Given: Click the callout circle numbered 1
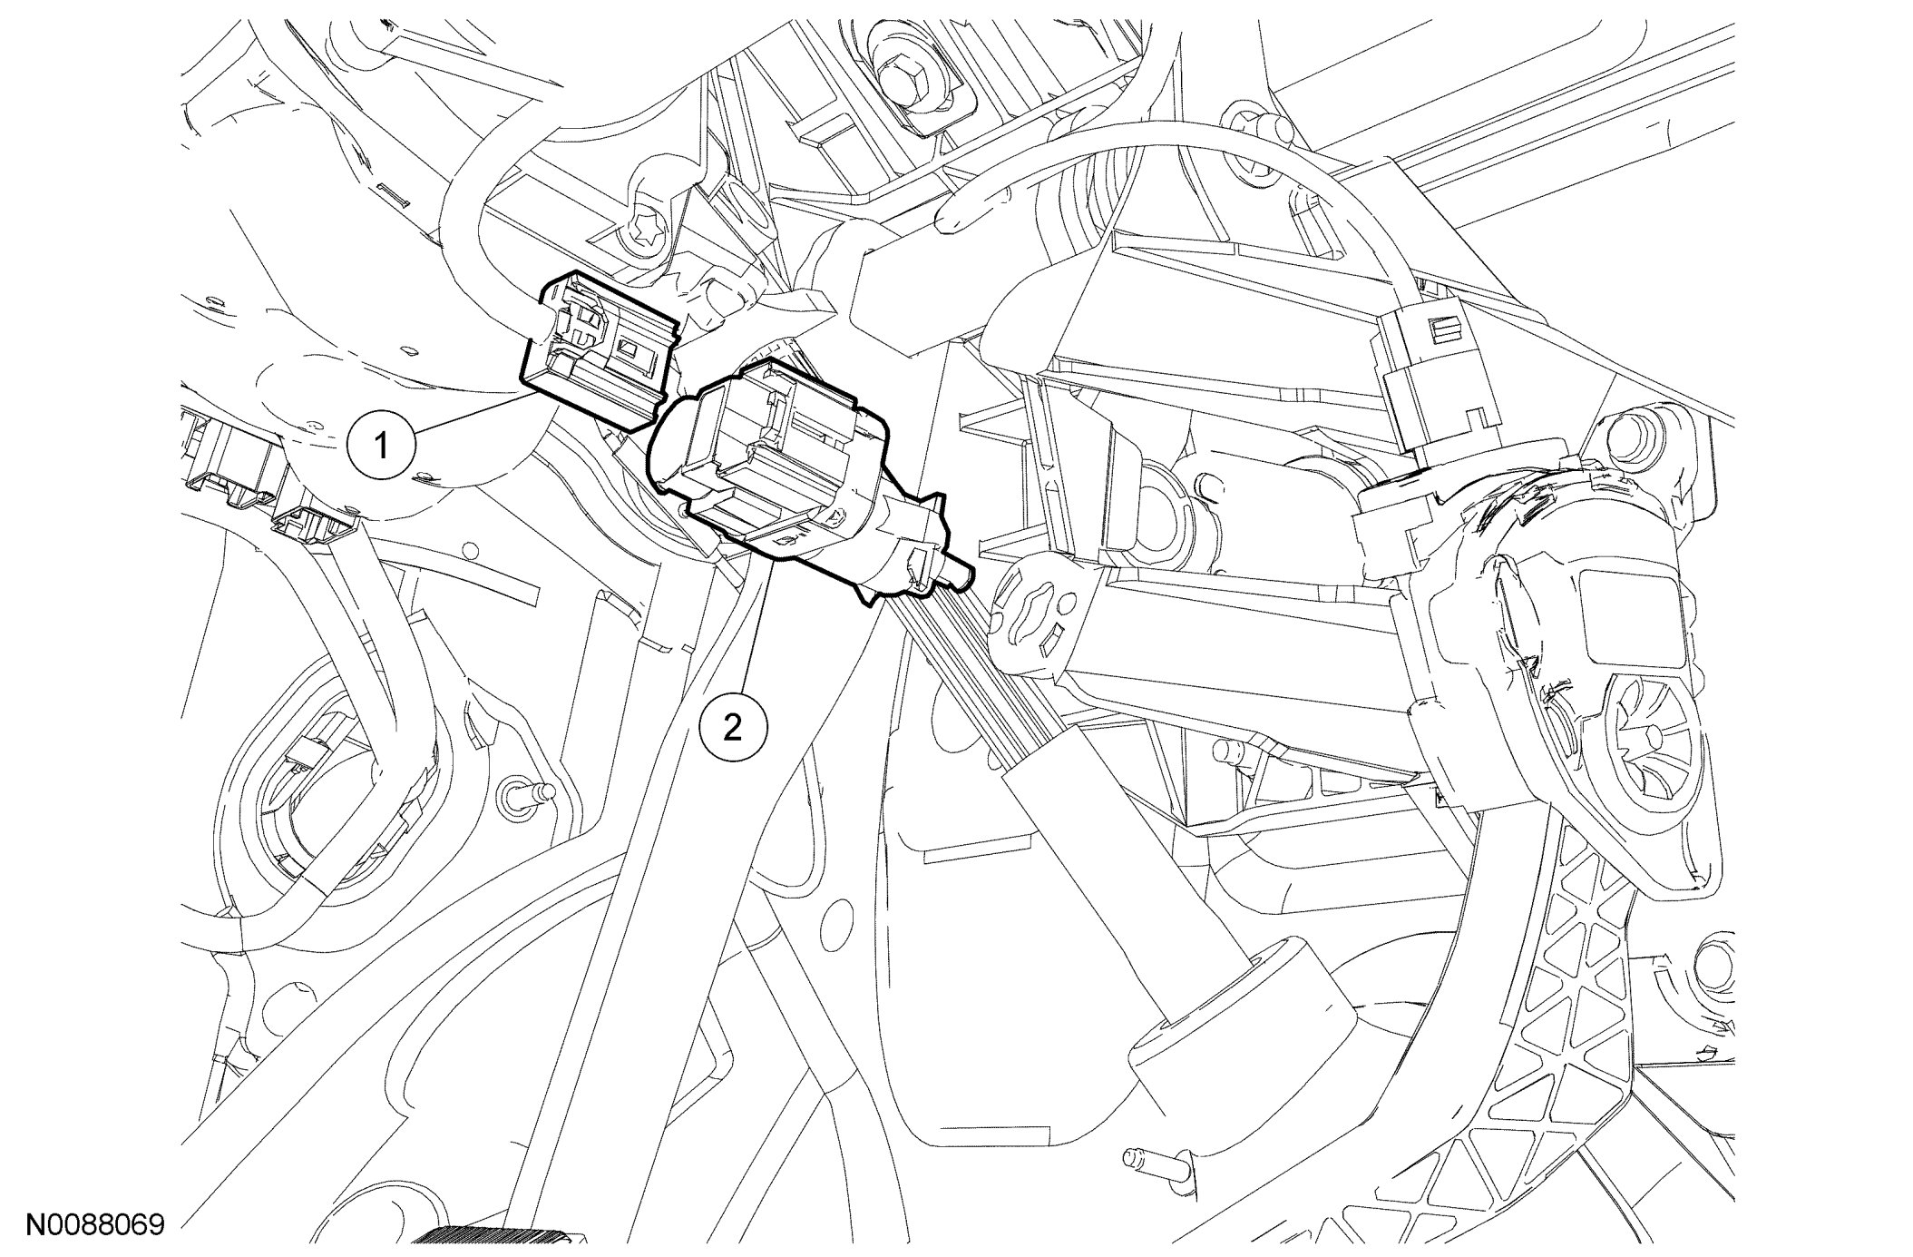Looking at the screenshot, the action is (x=382, y=446).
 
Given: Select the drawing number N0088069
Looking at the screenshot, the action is (x=94, y=1225).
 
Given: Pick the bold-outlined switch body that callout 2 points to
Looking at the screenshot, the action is (x=798, y=476).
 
